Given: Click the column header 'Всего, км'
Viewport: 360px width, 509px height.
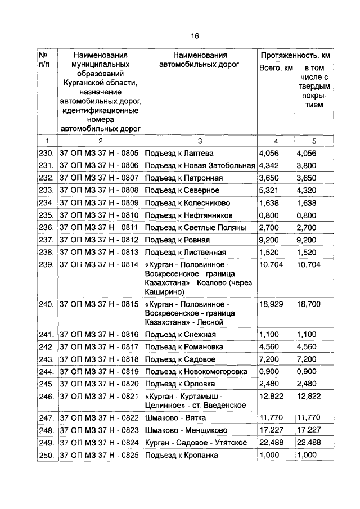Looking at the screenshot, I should pos(276,68).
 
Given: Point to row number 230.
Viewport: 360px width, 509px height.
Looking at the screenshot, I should pos(46,153).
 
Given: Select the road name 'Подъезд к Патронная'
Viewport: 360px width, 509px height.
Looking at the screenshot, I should pos(184,178).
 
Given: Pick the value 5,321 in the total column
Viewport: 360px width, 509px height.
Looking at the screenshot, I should pos(269,190).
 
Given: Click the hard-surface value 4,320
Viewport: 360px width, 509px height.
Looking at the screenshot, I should pos(307,190).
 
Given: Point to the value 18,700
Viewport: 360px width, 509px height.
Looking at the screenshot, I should pos(309,304).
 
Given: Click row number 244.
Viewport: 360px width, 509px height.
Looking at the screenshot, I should pos(46,371).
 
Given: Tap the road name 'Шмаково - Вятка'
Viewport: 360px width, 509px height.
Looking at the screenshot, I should pos(175,418).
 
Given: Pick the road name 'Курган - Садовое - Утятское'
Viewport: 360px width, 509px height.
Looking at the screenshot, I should pos(196,443).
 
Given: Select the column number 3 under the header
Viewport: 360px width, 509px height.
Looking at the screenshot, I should pos(200,141).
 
